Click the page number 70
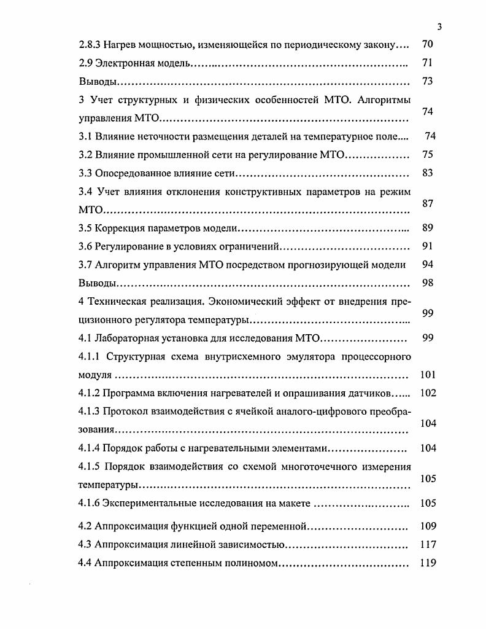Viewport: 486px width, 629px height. pos(428,44)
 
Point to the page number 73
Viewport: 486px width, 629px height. pos(428,81)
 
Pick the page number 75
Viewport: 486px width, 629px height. pos(428,155)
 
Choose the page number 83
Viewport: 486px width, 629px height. pos(428,173)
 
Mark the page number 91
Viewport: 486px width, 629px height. pos(428,247)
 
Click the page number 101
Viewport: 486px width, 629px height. pos(428,375)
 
